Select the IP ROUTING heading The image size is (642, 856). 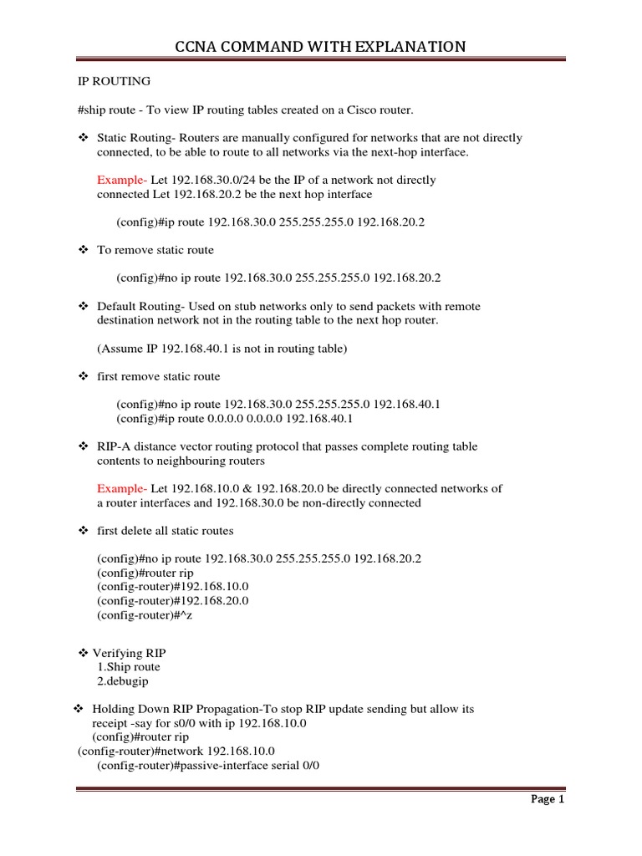(x=109, y=81)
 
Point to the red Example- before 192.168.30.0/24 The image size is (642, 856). (x=122, y=180)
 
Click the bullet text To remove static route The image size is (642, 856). (x=155, y=250)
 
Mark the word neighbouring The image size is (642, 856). (x=196, y=461)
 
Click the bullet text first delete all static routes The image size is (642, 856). (x=166, y=531)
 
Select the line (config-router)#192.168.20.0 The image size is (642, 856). (x=173, y=600)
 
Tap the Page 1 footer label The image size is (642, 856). (x=548, y=799)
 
